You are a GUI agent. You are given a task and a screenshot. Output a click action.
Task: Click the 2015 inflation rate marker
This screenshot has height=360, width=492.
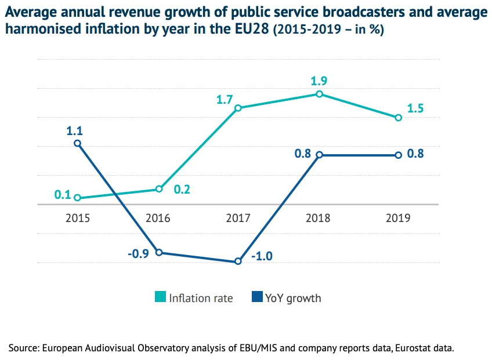pos(77,198)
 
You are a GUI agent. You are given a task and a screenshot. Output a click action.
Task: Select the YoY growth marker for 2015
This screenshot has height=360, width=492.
pos(77,143)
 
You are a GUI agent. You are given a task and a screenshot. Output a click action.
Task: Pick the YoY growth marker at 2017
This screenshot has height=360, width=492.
pos(238,261)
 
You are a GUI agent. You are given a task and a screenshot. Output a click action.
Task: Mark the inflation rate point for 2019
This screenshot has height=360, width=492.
pos(399,118)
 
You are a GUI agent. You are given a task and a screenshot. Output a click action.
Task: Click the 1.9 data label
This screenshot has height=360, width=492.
pos(319,81)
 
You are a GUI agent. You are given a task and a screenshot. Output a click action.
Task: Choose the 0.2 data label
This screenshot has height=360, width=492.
pos(182,189)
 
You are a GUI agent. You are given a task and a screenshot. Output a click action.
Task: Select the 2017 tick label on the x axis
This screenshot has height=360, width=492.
pos(238,219)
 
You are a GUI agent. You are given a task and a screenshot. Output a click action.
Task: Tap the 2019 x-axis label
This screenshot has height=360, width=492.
pos(399,219)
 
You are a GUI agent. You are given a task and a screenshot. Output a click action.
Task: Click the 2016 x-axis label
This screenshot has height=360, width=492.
pos(158,219)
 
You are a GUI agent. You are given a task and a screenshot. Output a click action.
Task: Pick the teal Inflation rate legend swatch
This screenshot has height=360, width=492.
pos(160,298)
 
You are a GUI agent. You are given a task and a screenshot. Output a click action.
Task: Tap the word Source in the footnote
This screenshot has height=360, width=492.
pos(22,348)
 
